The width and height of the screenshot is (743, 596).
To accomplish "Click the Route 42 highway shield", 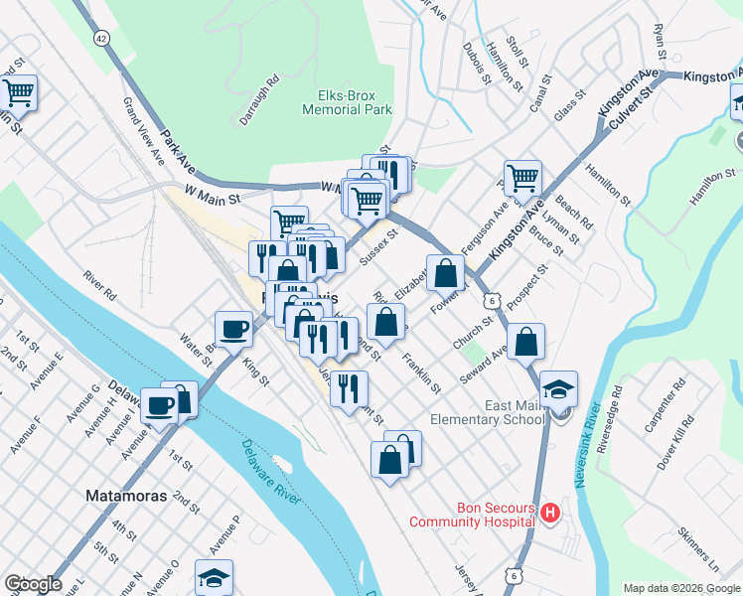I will click(102, 37).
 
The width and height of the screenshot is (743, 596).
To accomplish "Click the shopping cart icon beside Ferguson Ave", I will click(522, 179).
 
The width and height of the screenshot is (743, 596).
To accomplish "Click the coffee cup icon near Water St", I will click(234, 329).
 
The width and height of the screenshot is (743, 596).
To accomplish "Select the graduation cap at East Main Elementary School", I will click(559, 388).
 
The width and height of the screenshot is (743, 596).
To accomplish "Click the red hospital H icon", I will click(551, 513).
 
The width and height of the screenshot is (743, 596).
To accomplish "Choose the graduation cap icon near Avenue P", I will click(214, 577).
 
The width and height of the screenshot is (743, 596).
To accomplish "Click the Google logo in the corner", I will click(32, 584).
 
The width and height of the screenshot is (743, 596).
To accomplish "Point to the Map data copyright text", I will click(681, 588).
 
